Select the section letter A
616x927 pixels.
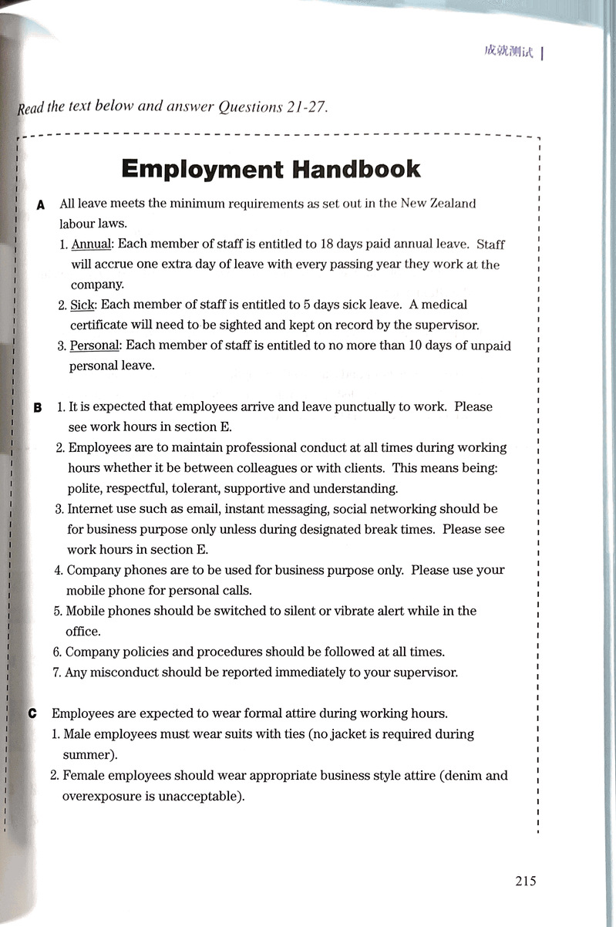click(x=40, y=204)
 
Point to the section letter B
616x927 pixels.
click(x=38, y=407)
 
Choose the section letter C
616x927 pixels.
click(x=32, y=713)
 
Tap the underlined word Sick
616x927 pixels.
click(x=81, y=305)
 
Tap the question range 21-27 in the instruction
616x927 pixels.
click(x=304, y=107)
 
